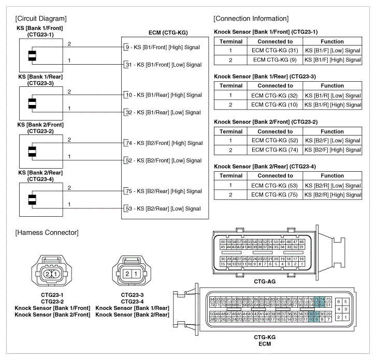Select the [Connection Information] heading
tap(251, 19)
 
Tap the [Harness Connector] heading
tap(47, 233)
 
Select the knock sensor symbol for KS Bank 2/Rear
tap(32, 200)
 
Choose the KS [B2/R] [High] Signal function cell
tap(332, 194)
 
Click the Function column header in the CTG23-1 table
tap(332, 41)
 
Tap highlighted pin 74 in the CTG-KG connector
tap(322, 299)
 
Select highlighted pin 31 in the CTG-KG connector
tap(316, 314)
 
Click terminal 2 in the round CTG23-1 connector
tap(47, 273)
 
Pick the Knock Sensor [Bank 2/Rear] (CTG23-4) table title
tap(266, 167)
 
